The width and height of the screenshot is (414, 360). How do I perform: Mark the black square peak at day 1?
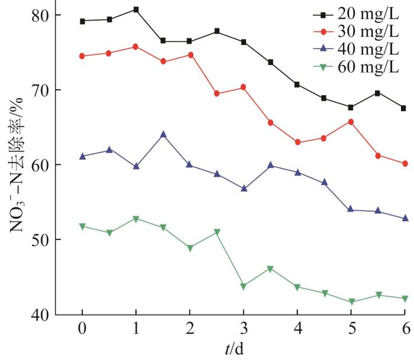(136, 9)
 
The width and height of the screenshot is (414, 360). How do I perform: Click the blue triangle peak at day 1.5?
(163, 134)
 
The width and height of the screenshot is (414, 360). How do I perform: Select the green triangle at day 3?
(243, 286)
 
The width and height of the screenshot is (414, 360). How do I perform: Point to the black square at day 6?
(404, 108)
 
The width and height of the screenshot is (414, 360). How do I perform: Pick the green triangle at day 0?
(82, 226)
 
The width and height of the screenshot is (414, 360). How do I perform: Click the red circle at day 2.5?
(216, 93)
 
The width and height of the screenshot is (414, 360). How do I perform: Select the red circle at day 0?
(82, 56)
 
